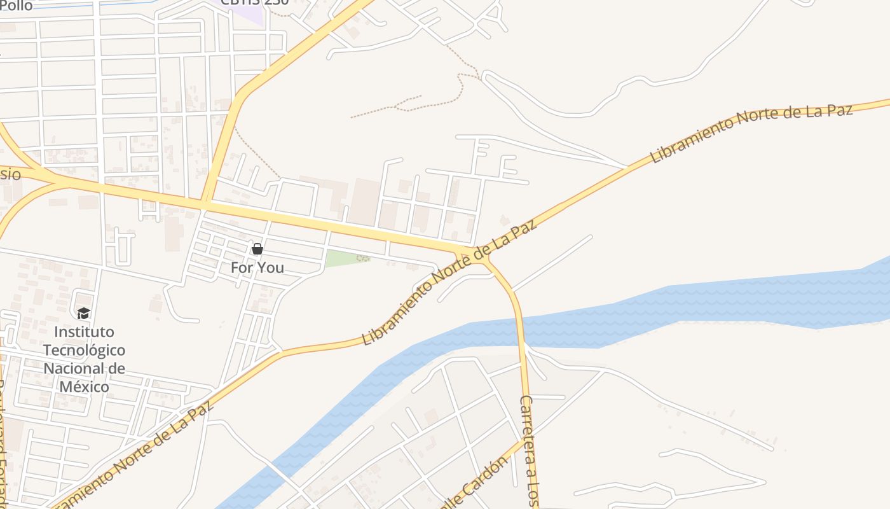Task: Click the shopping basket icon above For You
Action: pos(257,249)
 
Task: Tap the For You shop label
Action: pos(257,268)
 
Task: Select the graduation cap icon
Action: pos(83,313)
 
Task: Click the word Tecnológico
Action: pos(84,350)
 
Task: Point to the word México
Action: pos(84,386)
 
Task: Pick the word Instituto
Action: pos(84,332)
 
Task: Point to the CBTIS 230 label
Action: pos(254,2)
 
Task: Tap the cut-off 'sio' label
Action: pos(10,174)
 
